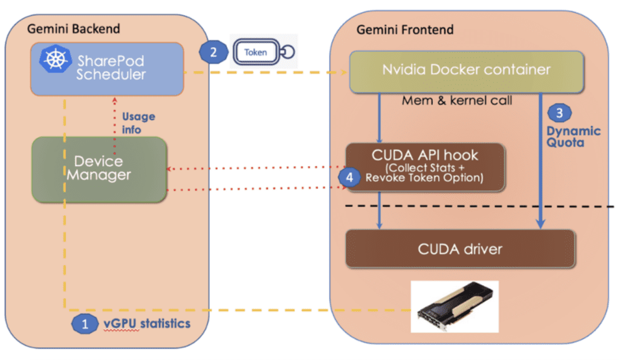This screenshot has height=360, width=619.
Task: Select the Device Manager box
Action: tap(99, 169)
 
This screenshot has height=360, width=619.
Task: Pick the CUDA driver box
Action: tap(459, 248)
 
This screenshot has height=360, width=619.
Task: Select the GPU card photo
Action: tap(454, 306)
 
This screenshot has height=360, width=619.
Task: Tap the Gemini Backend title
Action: tap(74, 28)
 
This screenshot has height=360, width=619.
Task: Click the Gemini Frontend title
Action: tap(404, 30)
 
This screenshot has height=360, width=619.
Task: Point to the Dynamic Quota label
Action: tap(574, 137)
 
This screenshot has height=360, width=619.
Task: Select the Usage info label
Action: tap(138, 122)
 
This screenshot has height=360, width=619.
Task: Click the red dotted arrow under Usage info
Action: tap(113, 118)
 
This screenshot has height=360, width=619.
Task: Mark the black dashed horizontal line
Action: tap(484, 207)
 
